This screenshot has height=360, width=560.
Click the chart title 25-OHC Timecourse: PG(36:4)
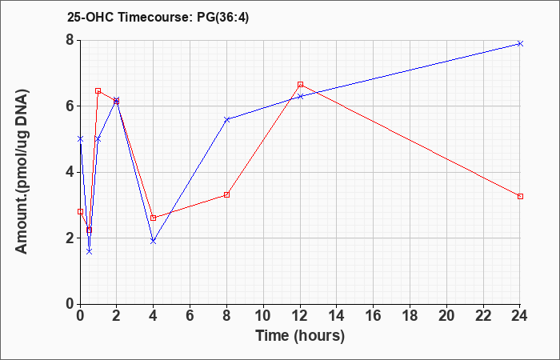point(158,18)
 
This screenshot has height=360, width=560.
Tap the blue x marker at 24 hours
point(520,43)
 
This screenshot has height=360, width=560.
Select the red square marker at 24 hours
point(520,197)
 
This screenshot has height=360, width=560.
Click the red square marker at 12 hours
point(300,84)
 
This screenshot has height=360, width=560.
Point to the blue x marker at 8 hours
point(226,120)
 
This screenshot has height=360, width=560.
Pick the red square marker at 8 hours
point(226,194)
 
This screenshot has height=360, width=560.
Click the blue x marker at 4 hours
point(154,242)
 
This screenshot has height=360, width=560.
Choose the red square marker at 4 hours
point(154,218)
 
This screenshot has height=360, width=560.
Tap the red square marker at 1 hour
point(98,90)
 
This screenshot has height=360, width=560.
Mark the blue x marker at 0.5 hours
point(90,251)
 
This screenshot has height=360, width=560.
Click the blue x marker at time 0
point(80,139)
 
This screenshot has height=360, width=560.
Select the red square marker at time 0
point(80,211)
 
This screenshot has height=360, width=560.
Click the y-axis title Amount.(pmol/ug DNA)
point(22,172)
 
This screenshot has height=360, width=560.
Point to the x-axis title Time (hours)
point(300,336)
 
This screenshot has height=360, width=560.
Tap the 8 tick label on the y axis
point(70,40)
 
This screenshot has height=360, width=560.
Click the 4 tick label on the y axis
point(70,172)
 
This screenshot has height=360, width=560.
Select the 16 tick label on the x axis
point(374,316)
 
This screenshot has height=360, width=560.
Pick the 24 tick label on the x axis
point(520,316)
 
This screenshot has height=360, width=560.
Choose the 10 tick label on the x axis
point(263,316)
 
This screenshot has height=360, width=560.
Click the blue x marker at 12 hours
point(300,97)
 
